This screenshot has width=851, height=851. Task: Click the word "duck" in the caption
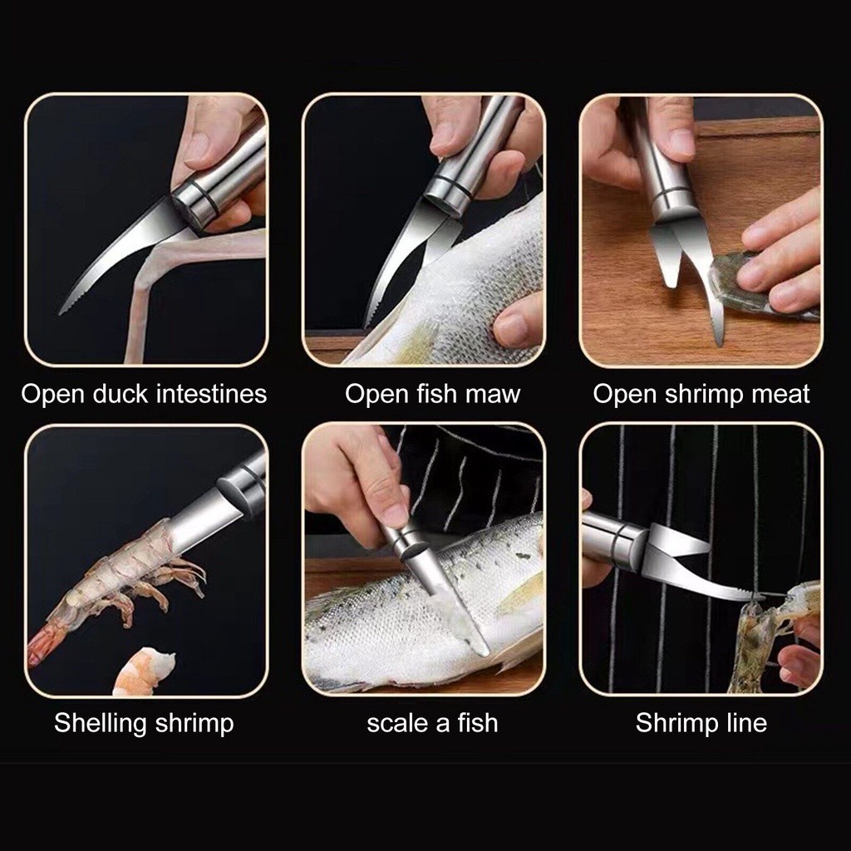coord(121,393)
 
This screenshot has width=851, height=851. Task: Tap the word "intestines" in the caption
coord(211,393)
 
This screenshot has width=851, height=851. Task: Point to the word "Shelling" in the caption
coord(101,724)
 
